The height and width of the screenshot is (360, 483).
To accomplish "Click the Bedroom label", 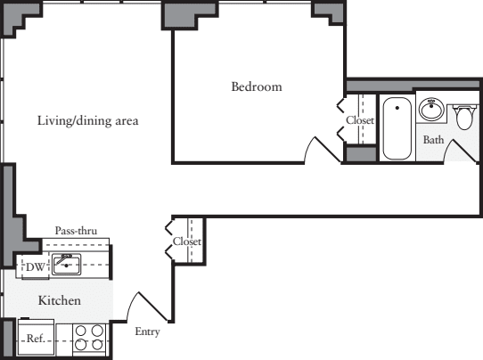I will (x=257, y=87).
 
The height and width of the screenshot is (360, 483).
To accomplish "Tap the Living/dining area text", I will (x=87, y=120).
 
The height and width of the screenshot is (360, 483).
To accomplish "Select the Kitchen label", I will (x=59, y=301).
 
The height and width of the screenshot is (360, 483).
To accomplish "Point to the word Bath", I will (x=433, y=140).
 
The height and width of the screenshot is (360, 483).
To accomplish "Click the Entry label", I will (x=148, y=332).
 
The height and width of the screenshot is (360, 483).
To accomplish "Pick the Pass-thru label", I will (x=76, y=231).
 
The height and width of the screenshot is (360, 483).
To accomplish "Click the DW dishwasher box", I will (x=34, y=266).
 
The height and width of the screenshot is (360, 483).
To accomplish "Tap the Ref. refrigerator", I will (x=35, y=339).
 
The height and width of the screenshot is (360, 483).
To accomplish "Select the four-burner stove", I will (x=88, y=338).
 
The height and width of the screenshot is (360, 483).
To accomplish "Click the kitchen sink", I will (x=67, y=264).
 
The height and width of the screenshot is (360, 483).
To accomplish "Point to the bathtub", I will (x=396, y=128).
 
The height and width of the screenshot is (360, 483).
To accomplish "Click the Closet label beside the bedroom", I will (x=360, y=120).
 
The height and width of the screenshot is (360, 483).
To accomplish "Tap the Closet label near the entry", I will (x=187, y=241).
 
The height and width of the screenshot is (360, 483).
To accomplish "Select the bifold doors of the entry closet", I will (x=170, y=240).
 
